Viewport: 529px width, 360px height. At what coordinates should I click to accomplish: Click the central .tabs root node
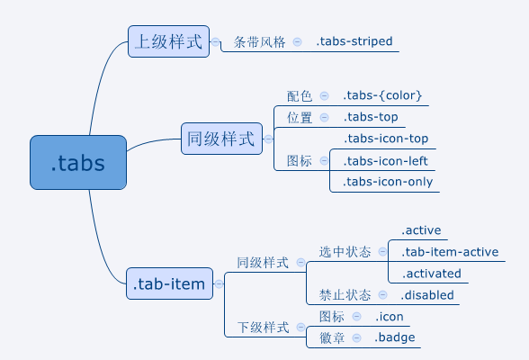pyautogui.click(x=78, y=162)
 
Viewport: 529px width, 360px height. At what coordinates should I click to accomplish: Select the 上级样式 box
pyautogui.click(x=169, y=41)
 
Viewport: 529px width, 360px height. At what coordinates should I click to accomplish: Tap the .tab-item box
pyautogui.click(x=169, y=283)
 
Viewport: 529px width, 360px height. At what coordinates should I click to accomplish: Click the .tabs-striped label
pyautogui.click(x=354, y=41)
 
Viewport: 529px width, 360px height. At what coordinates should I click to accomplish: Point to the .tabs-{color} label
pyautogui.click(x=382, y=95)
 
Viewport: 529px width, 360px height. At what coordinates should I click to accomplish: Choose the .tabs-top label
pyautogui.click(x=371, y=117)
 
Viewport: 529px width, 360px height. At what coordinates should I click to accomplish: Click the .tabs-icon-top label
pyautogui.click(x=386, y=139)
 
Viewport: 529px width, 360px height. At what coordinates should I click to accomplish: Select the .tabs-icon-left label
pyautogui.click(x=386, y=161)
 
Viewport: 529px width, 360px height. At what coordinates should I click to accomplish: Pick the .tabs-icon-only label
pyautogui.click(x=388, y=182)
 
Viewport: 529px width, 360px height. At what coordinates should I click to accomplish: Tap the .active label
pyautogui.click(x=421, y=230)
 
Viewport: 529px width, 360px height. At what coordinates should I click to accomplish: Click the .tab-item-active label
pyautogui.click(x=450, y=252)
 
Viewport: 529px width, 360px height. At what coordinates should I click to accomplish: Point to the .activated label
pyautogui.click(x=431, y=274)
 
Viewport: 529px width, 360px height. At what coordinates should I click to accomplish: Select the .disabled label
pyautogui.click(x=427, y=295)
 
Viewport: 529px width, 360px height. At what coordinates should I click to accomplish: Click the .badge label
pyautogui.click(x=395, y=337)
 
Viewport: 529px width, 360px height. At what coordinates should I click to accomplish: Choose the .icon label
pyautogui.click(x=390, y=317)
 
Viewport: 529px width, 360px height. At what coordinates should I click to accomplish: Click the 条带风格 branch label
pyautogui.click(x=259, y=42)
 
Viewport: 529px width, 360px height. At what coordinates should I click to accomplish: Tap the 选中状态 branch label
pyautogui.click(x=345, y=252)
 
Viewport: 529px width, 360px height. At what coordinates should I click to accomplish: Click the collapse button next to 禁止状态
pyautogui.click(x=382, y=295)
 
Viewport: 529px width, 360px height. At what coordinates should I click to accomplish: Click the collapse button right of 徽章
pyautogui.click(x=356, y=337)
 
